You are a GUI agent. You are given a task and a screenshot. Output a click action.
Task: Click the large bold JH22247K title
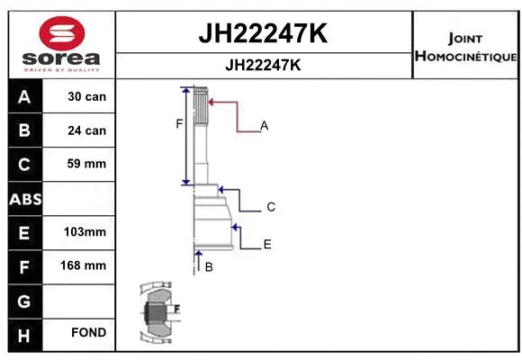point(262,33)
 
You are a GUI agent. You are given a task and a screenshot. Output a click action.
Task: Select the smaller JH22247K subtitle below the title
point(262,66)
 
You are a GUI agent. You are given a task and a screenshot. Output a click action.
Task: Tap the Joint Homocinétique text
point(465,47)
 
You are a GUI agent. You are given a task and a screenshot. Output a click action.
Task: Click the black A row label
point(24,96)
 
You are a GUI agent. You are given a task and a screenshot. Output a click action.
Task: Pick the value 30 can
point(86,96)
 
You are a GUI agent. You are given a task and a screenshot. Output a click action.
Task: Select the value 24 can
point(86,130)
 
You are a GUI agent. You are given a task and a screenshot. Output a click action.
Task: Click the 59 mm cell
point(86,164)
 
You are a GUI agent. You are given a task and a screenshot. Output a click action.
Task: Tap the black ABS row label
point(24,199)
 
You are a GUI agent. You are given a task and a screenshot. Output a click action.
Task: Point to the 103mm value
point(86,232)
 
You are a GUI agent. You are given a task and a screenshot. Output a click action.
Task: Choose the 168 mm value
point(86,265)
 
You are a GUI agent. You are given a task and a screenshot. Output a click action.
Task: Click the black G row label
point(24,300)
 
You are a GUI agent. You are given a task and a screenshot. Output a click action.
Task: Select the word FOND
point(88,333)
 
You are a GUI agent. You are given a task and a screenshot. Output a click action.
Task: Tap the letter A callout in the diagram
point(265,126)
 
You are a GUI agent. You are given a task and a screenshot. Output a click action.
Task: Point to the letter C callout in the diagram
point(271,207)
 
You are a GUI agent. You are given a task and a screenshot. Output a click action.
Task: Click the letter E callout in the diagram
point(267,244)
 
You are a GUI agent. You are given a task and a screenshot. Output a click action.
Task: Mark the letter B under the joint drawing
point(209,267)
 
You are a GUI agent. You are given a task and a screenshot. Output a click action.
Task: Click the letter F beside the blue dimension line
point(179,124)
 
